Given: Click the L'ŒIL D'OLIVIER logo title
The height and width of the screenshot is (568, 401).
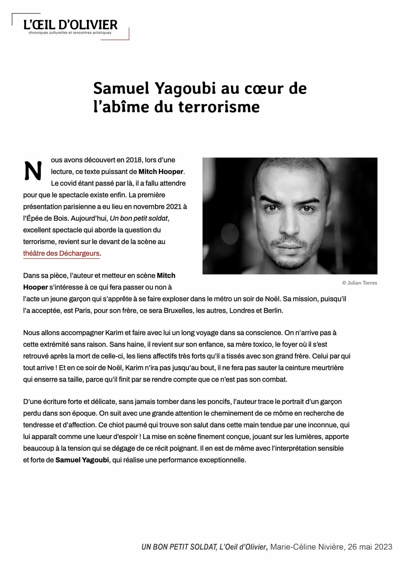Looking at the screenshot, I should pos(71,25).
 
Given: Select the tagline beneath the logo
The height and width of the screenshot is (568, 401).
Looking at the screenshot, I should pos(70,33).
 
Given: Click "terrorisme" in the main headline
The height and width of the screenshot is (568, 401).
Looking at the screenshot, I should pos(219,107).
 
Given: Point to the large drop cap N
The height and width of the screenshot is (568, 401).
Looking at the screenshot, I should pos(33,171).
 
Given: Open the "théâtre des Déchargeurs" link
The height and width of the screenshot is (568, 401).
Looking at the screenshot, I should pos(61,253).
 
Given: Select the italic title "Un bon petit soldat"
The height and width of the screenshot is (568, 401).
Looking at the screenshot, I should pos(139,218).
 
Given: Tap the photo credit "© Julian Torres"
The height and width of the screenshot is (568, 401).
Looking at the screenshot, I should pos(359,283).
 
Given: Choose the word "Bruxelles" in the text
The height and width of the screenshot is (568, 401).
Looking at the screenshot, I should pos(178,311).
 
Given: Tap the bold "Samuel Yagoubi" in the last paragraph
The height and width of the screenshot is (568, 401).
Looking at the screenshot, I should pos(82,460).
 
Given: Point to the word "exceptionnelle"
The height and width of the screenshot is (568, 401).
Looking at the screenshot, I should pos(223,460).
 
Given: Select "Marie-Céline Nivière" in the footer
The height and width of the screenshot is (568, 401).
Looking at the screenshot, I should pos(307,547).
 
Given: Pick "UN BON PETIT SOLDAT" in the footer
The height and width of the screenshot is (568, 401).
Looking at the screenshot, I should pos(179,547).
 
